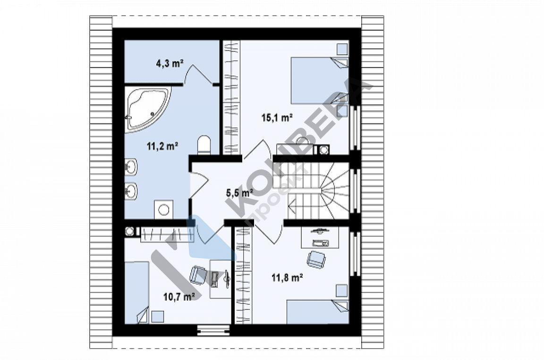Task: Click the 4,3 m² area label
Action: pos(170,63)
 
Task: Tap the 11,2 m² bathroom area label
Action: pos(163,146)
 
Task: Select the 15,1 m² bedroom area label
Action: pos(277,118)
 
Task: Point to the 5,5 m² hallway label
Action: pos(239,193)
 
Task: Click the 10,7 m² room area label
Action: pos(178,297)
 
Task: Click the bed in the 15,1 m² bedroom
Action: pos(319,80)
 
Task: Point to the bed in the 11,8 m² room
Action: pos(317,312)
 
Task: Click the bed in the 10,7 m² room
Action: pos(137,293)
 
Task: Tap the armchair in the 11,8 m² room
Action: pos(316,259)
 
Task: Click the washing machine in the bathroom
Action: pos(164,209)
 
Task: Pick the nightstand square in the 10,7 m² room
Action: pos(158,317)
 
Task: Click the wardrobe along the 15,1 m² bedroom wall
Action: pos(231,98)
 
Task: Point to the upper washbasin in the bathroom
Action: pos(131,167)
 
